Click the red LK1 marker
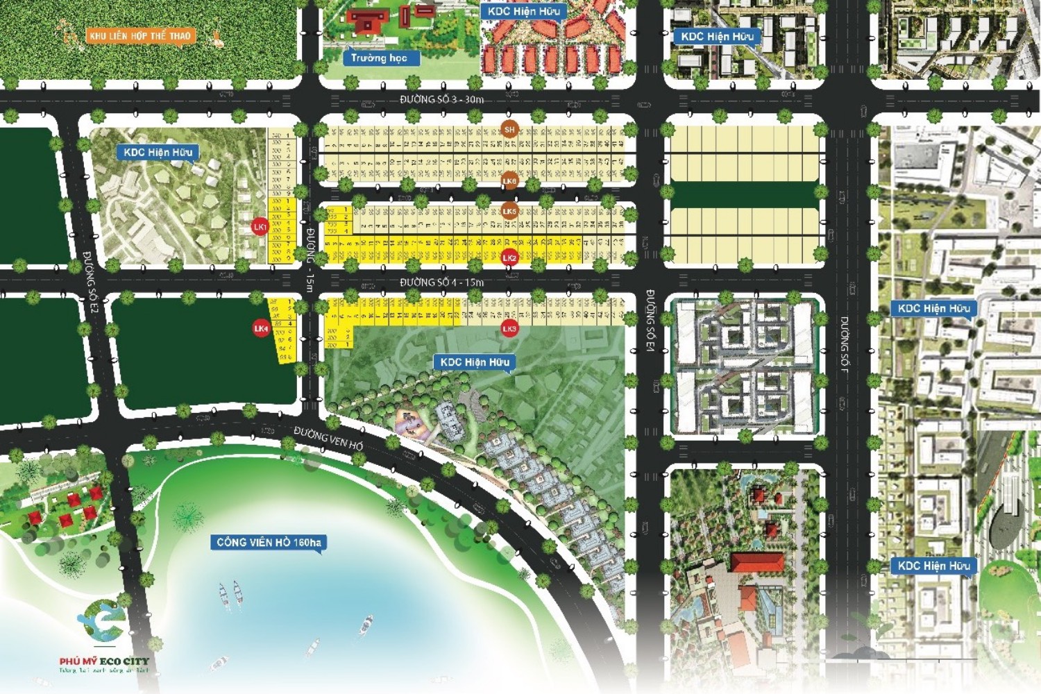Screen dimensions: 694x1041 click(x=260, y=227)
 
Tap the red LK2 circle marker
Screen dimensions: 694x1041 click(x=509, y=257)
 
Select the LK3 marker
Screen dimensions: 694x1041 click(x=509, y=328)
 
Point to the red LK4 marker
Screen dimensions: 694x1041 click(x=261, y=328)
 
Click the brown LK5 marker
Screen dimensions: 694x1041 click(x=509, y=211)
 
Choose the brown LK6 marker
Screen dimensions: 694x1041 click(x=509, y=181)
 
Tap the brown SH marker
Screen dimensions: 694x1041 click(x=509, y=129)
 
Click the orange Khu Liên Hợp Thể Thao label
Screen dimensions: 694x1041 click(x=139, y=35)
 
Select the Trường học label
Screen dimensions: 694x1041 click(x=379, y=58)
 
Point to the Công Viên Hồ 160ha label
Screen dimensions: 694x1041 click(x=269, y=542)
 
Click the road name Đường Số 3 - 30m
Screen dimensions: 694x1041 click(x=441, y=99)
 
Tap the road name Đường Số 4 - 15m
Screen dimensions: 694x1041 click(x=441, y=282)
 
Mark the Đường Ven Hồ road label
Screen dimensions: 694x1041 click(x=328, y=439)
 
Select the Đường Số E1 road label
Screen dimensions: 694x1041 click(x=650, y=321)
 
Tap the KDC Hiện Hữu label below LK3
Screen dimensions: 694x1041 click(x=475, y=362)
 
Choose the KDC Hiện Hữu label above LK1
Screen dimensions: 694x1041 click(x=158, y=152)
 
